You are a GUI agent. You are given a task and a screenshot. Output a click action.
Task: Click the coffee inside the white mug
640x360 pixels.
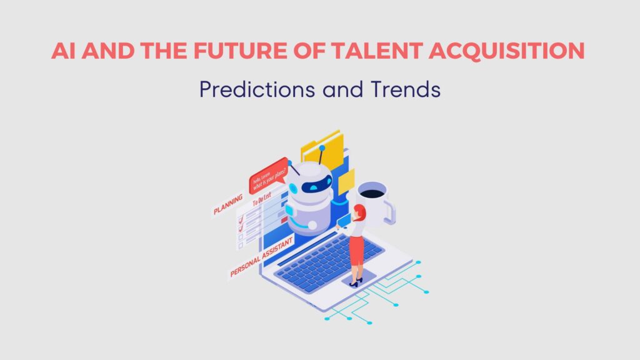[373, 192]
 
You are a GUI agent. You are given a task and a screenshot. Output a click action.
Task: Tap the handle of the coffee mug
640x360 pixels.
[389, 209]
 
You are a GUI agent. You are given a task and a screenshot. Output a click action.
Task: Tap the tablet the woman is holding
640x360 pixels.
[344, 221]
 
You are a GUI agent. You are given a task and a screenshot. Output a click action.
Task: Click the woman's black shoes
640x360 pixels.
[355, 283]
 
